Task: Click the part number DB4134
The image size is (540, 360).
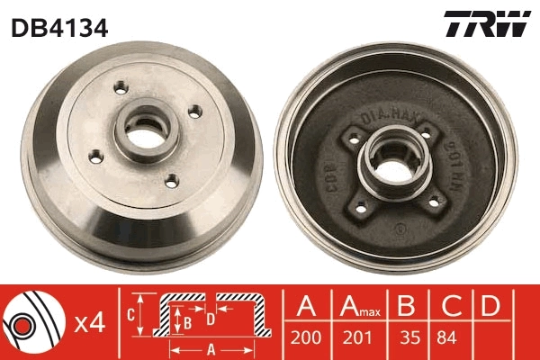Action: [x=59, y=27]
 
